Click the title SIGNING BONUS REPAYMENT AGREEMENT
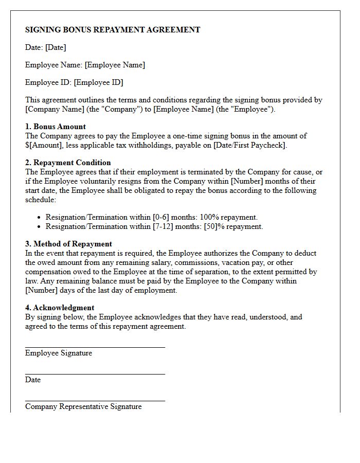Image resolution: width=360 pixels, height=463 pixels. (x=113, y=30)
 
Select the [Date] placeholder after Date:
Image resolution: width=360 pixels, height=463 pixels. (x=56, y=47)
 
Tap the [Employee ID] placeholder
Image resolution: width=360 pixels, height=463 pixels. (x=98, y=82)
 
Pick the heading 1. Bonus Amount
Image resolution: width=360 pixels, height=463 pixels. (x=56, y=127)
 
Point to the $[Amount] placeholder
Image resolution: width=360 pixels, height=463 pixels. (x=44, y=145)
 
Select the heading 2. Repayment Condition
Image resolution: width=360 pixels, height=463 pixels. (x=68, y=163)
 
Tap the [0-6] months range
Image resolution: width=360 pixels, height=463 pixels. (x=163, y=217)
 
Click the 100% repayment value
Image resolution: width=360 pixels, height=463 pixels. (x=215, y=217)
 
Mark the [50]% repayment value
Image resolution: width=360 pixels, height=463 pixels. (x=220, y=226)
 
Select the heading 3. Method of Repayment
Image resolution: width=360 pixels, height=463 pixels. (x=68, y=244)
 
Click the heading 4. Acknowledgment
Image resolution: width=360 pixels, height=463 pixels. (x=60, y=308)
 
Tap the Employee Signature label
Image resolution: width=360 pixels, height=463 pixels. (x=59, y=353)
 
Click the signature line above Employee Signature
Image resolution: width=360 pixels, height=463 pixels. (x=95, y=347)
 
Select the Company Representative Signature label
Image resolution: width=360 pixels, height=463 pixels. (x=83, y=406)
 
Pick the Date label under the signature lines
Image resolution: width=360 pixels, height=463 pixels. (x=33, y=380)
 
